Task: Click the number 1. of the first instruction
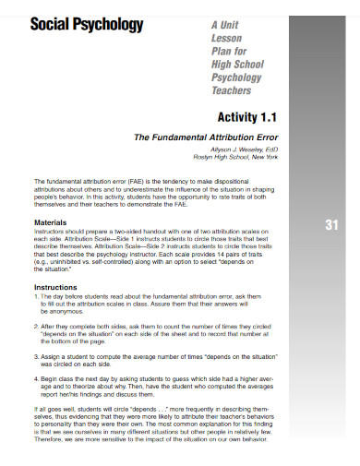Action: (36, 296)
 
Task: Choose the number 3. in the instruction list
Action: (36, 353)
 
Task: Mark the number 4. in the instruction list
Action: (36, 377)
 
